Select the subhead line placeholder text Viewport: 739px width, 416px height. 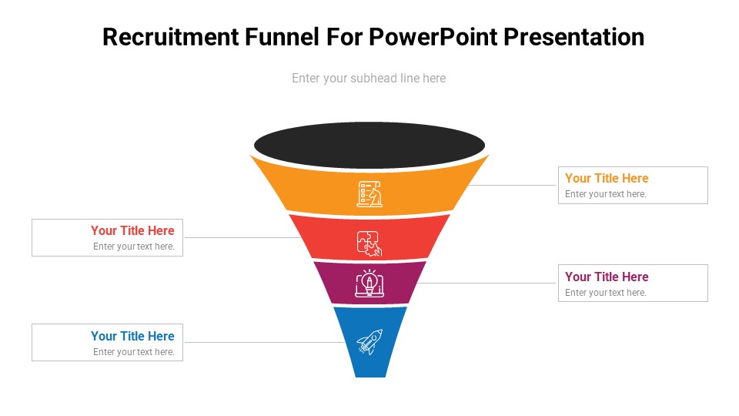tap(369, 78)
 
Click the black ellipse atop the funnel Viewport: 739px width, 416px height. tap(369, 144)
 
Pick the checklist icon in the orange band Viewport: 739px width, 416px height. tap(369, 193)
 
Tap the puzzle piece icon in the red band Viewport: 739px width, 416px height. tap(369, 243)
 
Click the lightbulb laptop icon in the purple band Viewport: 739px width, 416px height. tap(369, 283)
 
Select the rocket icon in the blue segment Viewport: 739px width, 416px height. tap(369, 342)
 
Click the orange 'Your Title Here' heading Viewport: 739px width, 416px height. tap(607, 178)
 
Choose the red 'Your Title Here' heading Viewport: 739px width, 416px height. tap(132, 230)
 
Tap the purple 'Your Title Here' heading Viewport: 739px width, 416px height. tap(607, 277)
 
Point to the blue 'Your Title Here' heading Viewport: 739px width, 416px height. tap(132, 336)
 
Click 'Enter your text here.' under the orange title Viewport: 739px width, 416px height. tap(605, 194)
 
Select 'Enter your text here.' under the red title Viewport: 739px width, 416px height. tap(134, 247)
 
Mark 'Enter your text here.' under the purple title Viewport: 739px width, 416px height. tap(605, 293)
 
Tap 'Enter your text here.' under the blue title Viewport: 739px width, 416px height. tap(134, 352)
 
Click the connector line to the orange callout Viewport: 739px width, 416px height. tap(513, 185)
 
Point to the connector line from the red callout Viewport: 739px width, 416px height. tap(239, 237)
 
